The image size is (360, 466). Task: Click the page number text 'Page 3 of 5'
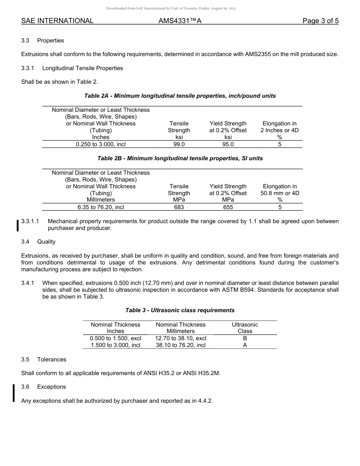[320, 21]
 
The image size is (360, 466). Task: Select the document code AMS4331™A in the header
[180, 21]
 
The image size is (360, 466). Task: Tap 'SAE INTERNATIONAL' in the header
[57, 21]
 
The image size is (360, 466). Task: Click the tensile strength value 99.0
[179, 144]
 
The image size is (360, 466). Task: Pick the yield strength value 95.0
[228, 144]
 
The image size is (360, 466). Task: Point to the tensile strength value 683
[179, 207]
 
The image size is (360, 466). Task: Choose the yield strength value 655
[228, 207]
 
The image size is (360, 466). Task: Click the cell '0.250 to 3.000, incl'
[101, 144]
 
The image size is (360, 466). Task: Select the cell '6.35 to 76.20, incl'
[101, 207]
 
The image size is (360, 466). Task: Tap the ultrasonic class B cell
[245, 338]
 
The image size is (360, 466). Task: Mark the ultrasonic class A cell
[245, 345]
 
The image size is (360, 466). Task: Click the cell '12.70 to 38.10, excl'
[181, 338]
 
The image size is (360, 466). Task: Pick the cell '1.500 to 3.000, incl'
[115, 345]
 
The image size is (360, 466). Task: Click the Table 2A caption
[180, 96]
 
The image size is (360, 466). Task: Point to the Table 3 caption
[180, 310]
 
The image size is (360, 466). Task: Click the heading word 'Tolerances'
[52, 360]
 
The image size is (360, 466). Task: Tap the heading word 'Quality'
[46, 242]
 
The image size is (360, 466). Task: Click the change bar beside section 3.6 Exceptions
[14, 393]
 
